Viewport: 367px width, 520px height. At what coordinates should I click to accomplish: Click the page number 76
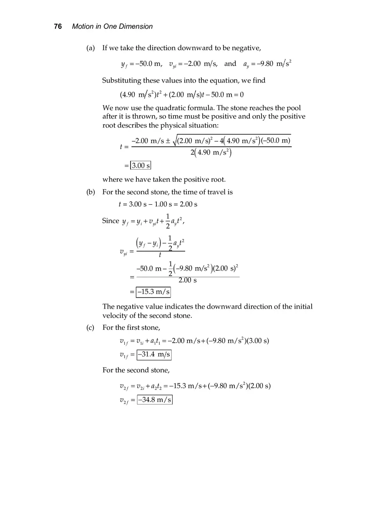pos(58,26)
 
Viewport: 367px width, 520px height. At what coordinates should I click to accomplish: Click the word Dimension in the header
pos(136,26)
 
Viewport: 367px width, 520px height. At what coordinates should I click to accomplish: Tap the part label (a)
pos(90,48)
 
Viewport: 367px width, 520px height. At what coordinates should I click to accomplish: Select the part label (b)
pos(90,192)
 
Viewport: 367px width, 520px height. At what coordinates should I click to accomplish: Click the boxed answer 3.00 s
pos(141,166)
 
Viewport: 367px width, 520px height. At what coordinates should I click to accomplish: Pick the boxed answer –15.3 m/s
pos(153,292)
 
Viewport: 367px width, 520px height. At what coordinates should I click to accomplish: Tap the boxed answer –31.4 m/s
pos(154,354)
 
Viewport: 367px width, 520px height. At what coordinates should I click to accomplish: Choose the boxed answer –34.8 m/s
pos(155,400)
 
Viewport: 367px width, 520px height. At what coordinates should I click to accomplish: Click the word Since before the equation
pos(111,221)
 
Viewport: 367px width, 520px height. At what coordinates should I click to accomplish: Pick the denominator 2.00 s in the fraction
pos(188,280)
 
